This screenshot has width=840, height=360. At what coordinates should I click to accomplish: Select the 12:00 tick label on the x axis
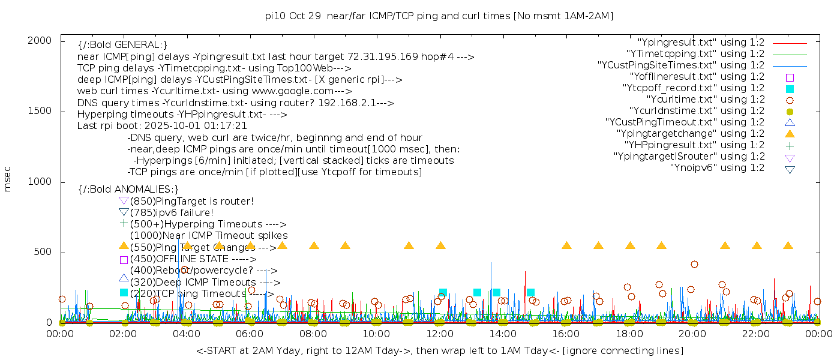tap(439, 334)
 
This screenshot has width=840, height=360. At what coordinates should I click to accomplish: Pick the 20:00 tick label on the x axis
tap(692, 334)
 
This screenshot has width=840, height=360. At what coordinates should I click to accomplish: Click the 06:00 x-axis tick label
tap(250, 334)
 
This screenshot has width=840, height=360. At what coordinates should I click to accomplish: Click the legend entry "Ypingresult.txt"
tap(701, 43)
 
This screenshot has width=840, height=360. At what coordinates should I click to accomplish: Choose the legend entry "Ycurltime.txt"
tap(705, 99)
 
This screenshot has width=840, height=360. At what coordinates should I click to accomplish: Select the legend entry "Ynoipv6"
tap(717, 167)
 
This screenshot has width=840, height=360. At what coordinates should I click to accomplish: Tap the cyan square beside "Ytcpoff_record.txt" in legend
tap(790, 88)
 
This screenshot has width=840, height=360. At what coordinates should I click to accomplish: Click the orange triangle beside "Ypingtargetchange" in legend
tap(790, 133)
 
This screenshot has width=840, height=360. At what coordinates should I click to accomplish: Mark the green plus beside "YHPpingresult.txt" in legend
tap(790, 145)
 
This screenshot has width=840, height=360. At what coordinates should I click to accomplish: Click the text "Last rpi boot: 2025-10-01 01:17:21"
tap(162, 126)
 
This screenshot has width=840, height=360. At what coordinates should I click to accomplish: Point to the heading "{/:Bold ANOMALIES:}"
tap(128, 190)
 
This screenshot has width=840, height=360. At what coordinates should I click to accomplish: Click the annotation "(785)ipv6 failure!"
tap(172, 212)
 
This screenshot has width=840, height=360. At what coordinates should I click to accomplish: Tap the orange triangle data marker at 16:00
tap(566, 245)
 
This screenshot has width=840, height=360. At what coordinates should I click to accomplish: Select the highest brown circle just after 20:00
tap(694, 264)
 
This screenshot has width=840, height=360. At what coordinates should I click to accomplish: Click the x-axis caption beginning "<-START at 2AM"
tap(439, 350)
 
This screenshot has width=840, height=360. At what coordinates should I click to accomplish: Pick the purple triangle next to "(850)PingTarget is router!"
tap(124, 200)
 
